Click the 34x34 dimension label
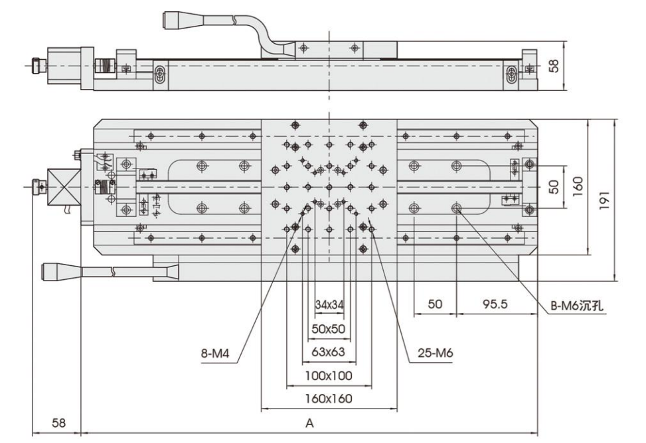[329, 305]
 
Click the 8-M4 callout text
[216, 353]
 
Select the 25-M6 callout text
[436, 353]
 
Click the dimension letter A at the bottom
[309, 422]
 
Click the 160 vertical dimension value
[578, 186]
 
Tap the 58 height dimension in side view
[554, 65]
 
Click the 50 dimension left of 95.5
[435, 304]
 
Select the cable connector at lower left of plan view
[59, 270]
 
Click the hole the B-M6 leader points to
[457, 209]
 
